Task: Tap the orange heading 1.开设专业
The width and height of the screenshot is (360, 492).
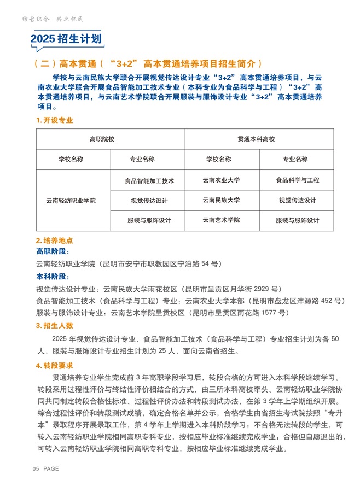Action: [x=55, y=120]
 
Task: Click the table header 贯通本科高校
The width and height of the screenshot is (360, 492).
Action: [x=259, y=139]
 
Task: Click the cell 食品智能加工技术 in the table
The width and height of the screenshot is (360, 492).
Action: [x=149, y=180]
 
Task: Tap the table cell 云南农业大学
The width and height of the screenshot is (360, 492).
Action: [x=221, y=180]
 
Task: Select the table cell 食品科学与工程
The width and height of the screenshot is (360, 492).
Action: [x=297, y=180]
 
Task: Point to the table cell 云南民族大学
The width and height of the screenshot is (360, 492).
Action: [x=221, y=200]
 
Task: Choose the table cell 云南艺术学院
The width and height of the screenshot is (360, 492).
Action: [x=221, y=220]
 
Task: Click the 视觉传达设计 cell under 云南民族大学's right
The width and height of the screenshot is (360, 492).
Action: [x=297, y=200]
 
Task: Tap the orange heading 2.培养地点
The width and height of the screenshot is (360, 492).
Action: [x=55, y=241]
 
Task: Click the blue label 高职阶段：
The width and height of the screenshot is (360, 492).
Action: [x=53, y=251]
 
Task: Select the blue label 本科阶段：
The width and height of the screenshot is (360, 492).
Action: [x=53, y=277]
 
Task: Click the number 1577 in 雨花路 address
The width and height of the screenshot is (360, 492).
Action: [x=267, y=313]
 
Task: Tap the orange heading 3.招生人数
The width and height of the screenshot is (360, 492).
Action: [x=55, y=326]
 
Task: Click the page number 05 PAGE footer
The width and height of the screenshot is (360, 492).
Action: [x=46, y=469]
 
